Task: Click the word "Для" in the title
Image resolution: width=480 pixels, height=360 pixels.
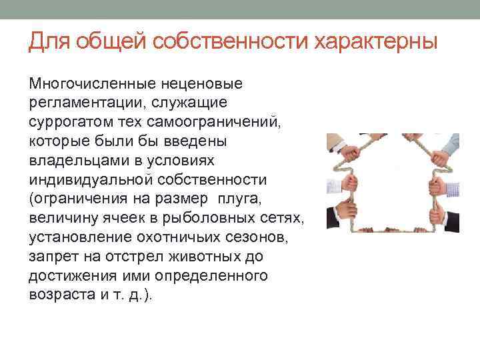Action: tap(49, 42)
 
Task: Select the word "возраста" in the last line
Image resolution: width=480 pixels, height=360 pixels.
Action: tap(59, 295)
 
